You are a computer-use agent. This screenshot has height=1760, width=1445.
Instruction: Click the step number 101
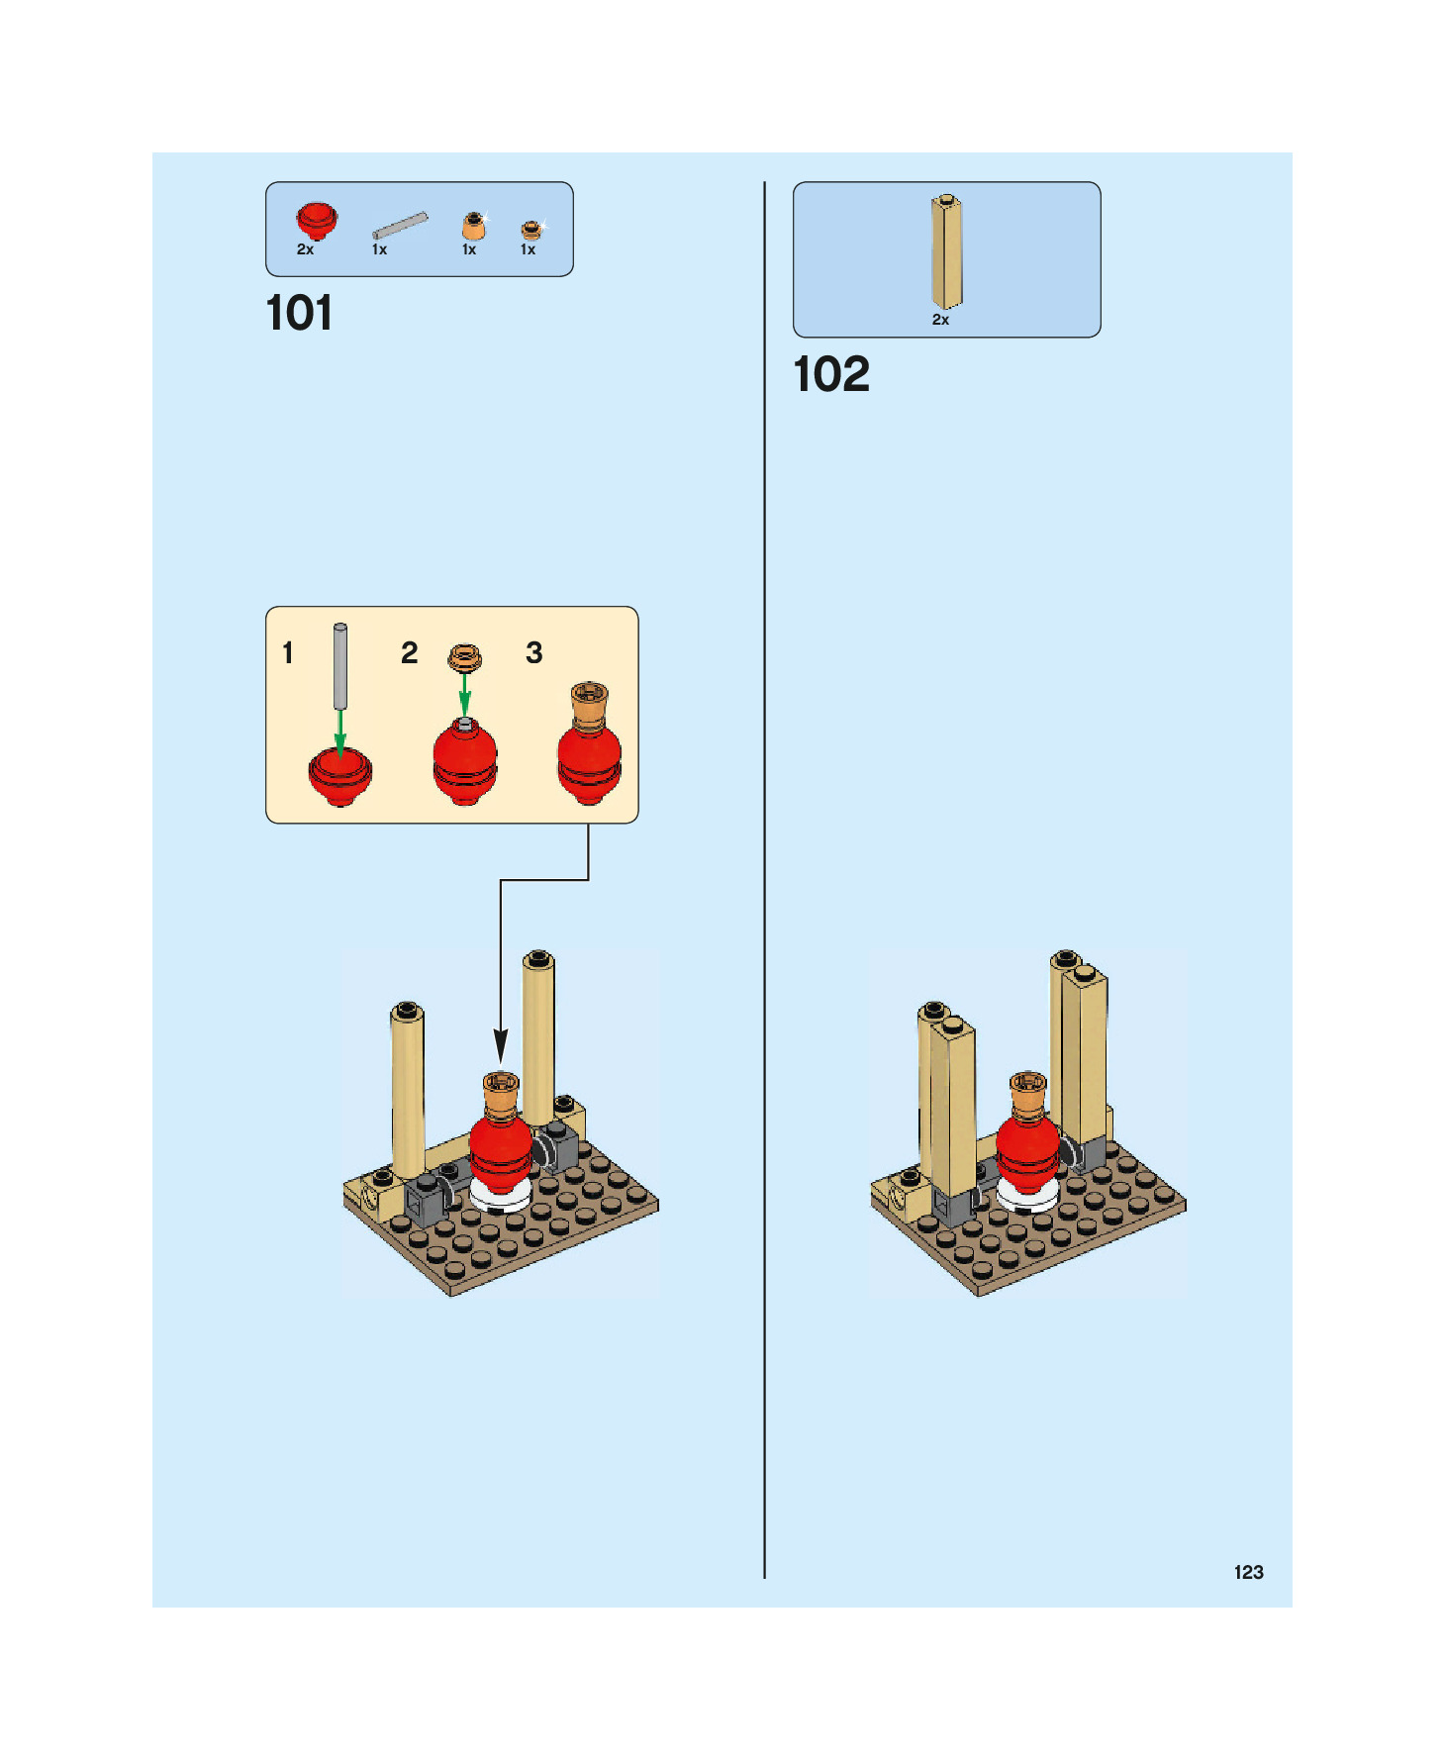coord(299,314)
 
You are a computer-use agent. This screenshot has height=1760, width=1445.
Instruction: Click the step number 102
coord(830,375)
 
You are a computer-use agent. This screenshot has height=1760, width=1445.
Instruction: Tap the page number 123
coord(1248,1572)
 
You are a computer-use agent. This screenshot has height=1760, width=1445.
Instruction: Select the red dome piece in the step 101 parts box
coord(317,220)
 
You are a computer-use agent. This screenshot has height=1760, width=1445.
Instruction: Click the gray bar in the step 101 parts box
coord(400,225)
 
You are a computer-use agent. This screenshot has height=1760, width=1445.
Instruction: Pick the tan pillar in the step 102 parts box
coord(946,251)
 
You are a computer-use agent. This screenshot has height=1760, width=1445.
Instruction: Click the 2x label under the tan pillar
coord(940,320)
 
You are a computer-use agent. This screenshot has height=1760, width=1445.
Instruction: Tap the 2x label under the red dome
coord(305,249)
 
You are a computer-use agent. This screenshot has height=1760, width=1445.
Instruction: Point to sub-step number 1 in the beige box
coord(288,652)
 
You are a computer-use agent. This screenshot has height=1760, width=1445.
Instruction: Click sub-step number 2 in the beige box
coord(409,652)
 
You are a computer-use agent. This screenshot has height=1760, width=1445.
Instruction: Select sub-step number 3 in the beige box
coord(534,652)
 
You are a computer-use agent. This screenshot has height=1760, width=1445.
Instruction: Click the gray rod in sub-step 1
coord(340,665)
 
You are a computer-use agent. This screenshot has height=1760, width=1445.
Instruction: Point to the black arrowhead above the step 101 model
coord(501,1045)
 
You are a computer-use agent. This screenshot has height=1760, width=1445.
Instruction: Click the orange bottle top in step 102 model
coord(1027,1090)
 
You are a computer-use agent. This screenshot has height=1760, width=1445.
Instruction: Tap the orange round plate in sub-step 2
coord(464,656)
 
